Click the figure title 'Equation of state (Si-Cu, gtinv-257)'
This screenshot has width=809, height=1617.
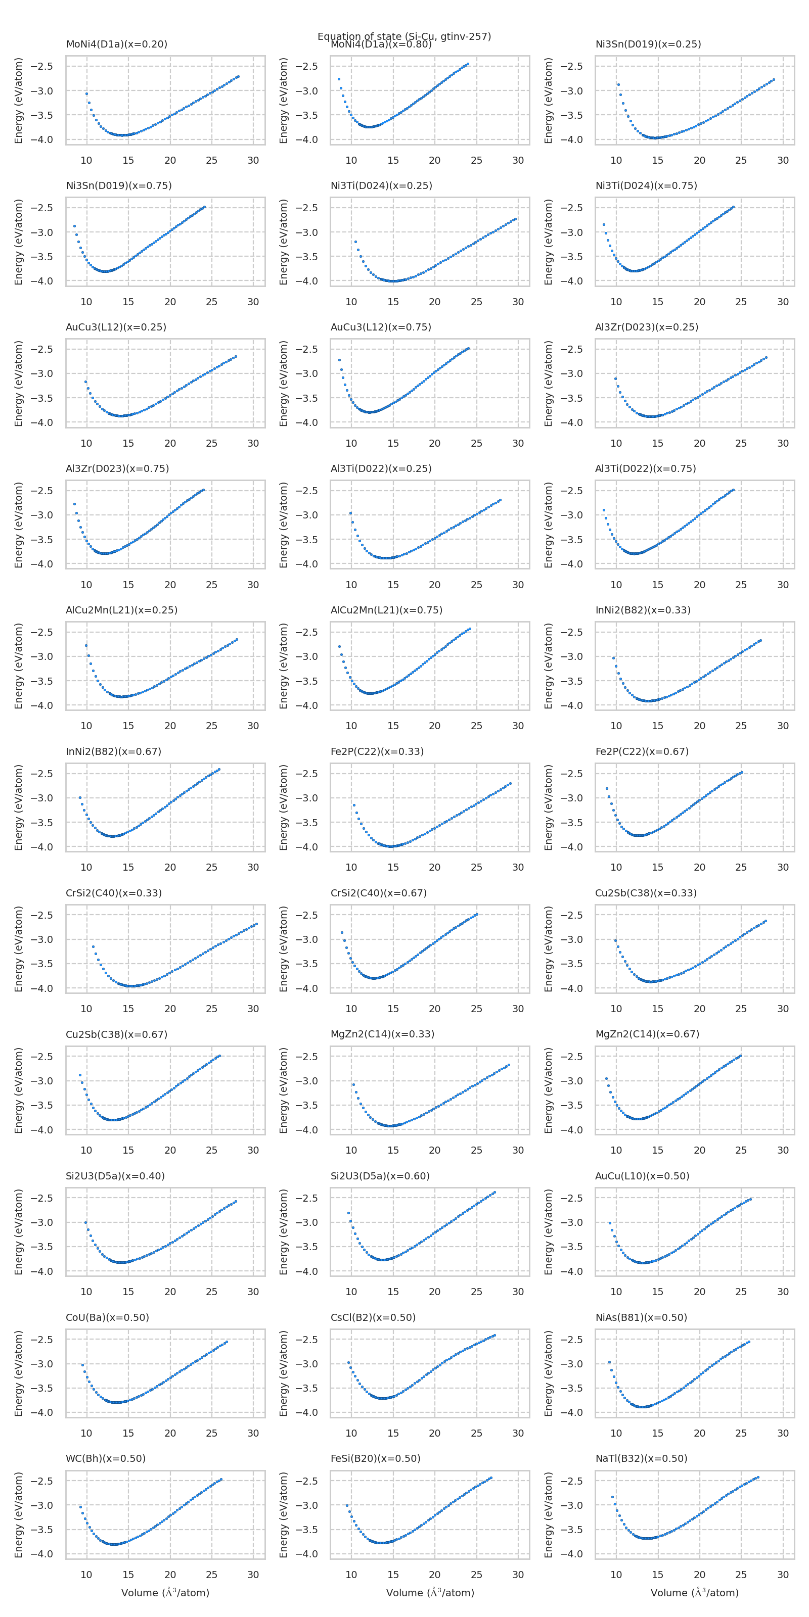pos(404,36)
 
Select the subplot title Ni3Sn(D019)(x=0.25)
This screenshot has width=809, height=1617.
pos(648,44)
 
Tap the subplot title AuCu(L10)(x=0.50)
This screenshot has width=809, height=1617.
pos(642,1176)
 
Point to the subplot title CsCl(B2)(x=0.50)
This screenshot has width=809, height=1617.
pos(373,1317)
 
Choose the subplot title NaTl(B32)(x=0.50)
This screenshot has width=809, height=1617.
pos(641,1458)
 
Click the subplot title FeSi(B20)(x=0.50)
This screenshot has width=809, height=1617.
pos(375,1458)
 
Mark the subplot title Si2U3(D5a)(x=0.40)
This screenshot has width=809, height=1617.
pos(115,1176)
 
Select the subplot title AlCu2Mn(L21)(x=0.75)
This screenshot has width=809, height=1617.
pos(386,610)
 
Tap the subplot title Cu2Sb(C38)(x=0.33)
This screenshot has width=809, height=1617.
pos(646,892)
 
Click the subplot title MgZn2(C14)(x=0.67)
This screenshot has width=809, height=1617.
pos(647,1034)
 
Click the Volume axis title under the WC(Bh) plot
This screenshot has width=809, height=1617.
pos(165,1593)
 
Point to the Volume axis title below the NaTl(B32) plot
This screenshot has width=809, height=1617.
pos(694,1593)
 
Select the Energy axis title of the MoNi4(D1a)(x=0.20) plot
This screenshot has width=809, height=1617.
pos(19,101)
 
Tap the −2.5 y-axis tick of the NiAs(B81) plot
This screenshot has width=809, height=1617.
pos(571,1339)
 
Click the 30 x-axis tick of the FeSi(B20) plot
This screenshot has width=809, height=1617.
pos(518,1575)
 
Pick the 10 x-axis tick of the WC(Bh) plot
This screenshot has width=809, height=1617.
pos(86,1575)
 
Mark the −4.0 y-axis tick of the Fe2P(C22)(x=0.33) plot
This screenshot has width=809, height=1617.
pos(307,847)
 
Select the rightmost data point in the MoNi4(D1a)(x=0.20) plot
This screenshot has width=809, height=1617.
pos(238,77)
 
